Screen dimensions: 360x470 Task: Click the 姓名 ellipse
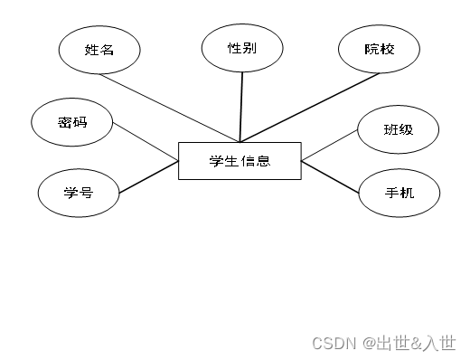point(99,50)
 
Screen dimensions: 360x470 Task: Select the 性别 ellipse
point(242,47)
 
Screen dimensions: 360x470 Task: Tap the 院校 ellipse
point(380,49)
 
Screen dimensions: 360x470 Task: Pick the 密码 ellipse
point(71,122)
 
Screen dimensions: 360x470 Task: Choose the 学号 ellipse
point(79,192)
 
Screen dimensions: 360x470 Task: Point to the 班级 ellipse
point(398,129)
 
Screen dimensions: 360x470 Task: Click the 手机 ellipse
point(399,192)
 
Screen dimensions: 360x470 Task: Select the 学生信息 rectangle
point(240,161)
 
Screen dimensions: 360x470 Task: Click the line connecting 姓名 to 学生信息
point(173,108)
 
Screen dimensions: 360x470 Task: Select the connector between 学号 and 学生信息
point(149,177)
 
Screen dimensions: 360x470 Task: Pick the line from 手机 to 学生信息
point(332,175)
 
